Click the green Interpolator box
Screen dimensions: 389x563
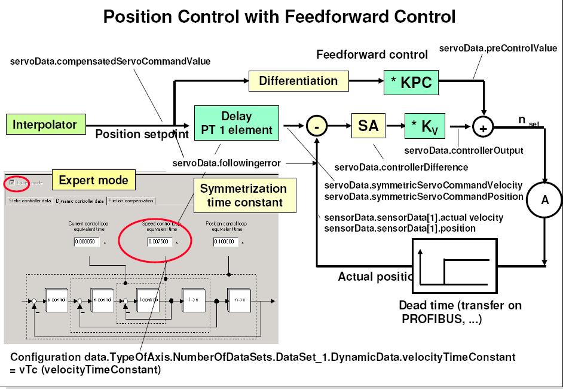(x=45, y=124)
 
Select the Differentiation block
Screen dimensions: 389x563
(x=298, y=81)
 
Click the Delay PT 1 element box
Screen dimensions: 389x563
(x=237, y=123)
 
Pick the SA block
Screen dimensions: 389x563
(x=368, y=126)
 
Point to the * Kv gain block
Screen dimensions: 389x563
(x=425, y=126)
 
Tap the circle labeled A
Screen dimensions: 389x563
(x=544, y=200)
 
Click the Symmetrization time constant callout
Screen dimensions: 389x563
(x=244, y=195)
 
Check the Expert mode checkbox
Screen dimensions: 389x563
(x=13, y=182)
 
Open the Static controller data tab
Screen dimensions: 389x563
(x=29, y=201)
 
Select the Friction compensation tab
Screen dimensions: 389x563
(x=131, y=201)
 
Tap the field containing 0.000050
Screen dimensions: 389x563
(x=87, y=242)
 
